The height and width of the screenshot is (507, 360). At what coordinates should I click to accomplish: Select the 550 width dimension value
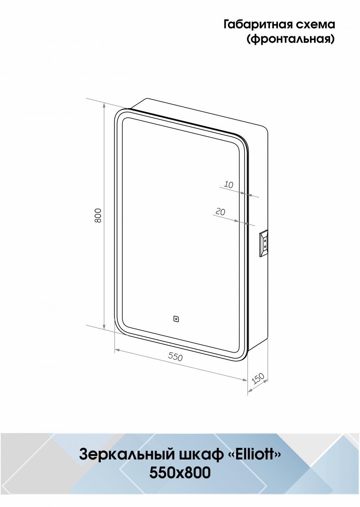pyautogui.click(x=175, y=357)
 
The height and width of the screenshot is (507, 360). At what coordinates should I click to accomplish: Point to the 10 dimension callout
pyautogui.click(x=229, y=185)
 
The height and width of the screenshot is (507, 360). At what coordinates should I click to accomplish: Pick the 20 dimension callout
pyautogui.click(x=220, y=212)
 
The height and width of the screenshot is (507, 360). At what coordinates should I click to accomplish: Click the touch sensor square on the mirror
pyautogui.click(x=176, y=319)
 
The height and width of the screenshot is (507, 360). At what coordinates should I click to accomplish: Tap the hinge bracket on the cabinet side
pyautogui.click(x=264, y=243)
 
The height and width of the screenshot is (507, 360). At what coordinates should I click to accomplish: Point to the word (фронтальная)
pyautogui.click(x=291, y=39)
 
